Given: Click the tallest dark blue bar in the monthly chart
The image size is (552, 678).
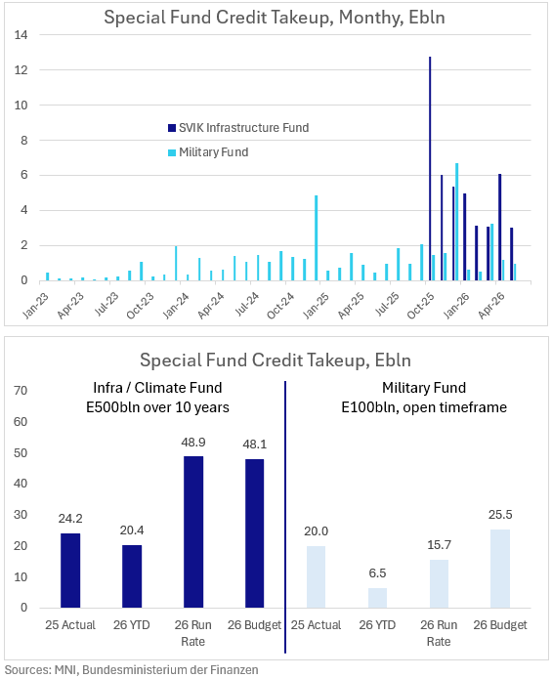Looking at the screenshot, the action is (x=430, y=169).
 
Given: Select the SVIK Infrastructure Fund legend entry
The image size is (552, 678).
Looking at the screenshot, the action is (x=238, y=128).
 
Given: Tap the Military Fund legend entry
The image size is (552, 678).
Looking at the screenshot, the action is (x=208, y=152).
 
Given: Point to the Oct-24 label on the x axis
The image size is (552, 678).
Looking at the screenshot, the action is (x=281, y=305).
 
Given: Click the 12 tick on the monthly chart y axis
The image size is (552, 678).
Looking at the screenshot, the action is (x=21, y=70).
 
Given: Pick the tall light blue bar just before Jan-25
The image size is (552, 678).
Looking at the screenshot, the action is (x=316, y=238).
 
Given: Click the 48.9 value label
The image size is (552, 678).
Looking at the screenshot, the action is (x=193, y=443).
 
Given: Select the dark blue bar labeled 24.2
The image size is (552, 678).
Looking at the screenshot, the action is (x=70, y=571).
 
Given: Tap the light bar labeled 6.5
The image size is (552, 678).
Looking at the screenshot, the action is (x=377, y=598).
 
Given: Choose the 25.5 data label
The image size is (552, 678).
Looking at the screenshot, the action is (x=500, y=515).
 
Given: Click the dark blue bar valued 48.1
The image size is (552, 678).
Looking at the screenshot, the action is (x=255, y=533).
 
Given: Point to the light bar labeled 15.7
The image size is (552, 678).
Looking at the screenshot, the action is (x=439, y=584).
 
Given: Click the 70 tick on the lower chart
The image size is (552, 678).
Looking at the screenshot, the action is (x=21, y=391).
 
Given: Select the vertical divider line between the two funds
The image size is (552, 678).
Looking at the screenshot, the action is (x=285, y=517).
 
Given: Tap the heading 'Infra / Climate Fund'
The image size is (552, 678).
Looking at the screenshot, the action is (x=157, y=388).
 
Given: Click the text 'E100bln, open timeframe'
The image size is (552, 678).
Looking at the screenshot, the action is (x=424, y=407).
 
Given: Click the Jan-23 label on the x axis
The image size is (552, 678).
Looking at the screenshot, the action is (x=36, y=305).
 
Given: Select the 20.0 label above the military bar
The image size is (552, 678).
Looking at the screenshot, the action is (x=316, y=531).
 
